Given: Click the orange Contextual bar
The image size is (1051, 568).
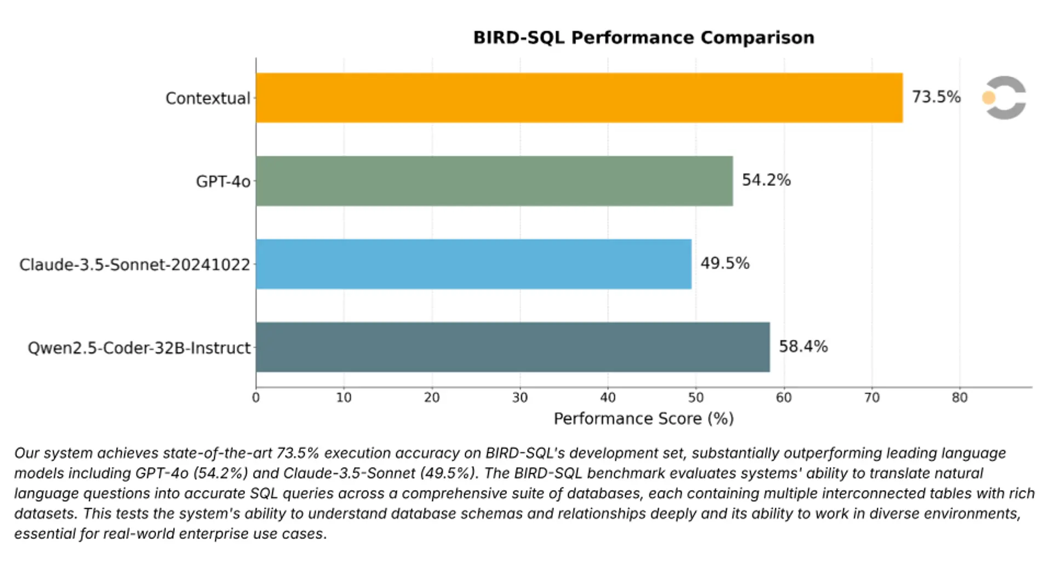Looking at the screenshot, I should (x=579, y=98).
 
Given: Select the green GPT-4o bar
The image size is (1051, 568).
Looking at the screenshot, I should (x=494, y=181).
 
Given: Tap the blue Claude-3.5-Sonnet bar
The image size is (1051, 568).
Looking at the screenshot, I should (x=473, y=264).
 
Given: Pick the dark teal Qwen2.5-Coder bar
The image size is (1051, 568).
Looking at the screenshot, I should (x=512, y=347).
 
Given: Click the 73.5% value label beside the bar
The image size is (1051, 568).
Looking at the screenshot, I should (x=936, y=97).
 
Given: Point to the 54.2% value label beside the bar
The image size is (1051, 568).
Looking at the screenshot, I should (x=766, y=180).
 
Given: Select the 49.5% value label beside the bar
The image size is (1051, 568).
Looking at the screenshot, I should (x=724, y=264).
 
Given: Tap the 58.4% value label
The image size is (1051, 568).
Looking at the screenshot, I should (x=803, y=347).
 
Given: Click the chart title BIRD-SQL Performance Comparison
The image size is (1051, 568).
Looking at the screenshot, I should (x=643, y=37).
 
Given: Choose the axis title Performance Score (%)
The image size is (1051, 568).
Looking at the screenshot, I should (x=643, y=419).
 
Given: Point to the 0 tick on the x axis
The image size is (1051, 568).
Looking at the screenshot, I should (x=256, y=397).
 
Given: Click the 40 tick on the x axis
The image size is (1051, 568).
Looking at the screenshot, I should (x=608, y=397).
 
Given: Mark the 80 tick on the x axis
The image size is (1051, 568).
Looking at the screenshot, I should (x=959, y=397).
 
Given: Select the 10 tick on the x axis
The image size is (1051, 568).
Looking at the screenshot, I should (x=344, y=397).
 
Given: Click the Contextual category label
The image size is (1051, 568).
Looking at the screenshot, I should (x=208, y=98).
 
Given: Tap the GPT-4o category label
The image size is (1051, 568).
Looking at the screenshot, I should (x=223, y=181).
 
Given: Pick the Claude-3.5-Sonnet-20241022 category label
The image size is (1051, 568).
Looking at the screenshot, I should (x=134, y=265).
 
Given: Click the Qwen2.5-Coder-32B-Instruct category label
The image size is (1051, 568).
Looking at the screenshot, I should (x=139, y=348).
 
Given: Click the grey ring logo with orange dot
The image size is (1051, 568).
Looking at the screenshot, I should (x=1004, y=98).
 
